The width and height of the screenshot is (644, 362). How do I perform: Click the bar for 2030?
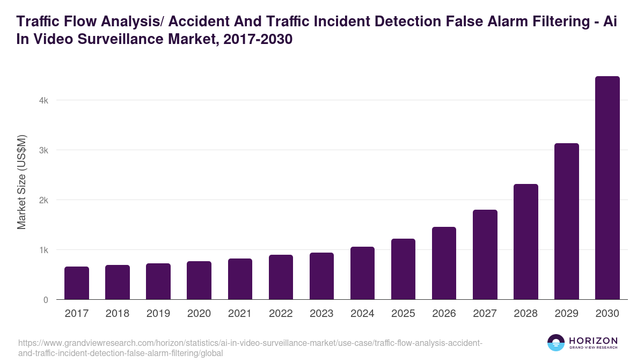[x=608, y=188]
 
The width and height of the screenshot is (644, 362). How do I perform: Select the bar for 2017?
[x=77, y=283]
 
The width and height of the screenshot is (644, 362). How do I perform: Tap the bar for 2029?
[x=567, y=221]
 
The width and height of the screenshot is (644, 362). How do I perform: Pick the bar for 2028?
[x=526, y=242]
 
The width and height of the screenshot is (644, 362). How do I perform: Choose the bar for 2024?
[x=362, y=273]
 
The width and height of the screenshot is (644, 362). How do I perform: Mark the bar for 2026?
[x=444, y=263]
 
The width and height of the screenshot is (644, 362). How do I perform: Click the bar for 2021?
[x=240, y=279]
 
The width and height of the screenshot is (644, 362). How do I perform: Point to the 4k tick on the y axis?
[x=43, y=100]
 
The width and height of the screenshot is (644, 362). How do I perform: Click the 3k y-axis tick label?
[x=43, y=150]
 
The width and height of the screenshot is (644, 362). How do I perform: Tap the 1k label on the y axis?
[x=43, y=250]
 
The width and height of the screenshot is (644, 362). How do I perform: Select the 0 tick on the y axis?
[x=46, y=300]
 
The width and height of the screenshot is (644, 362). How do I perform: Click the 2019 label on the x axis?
[x=158, y=314]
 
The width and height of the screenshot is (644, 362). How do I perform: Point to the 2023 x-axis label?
[x=321, y=314]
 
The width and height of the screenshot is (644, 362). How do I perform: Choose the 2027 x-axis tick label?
[x=485, y=314]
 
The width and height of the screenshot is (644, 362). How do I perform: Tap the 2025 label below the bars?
[x=403, y=314]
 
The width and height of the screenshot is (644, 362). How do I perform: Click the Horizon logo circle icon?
[x=555, y=343]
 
